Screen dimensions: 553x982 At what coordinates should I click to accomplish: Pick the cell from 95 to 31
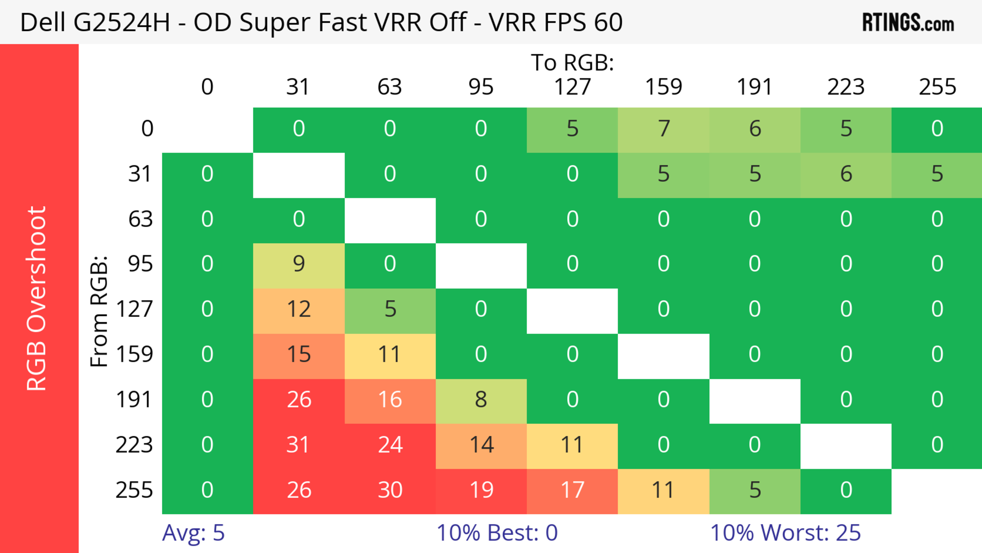pyautogui.click(x=298, y=264)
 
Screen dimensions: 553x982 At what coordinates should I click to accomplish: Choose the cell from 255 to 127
pyautogui.click(x=572, y=490)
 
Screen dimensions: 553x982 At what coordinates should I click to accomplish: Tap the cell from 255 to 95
pyautogui.click(x=481, y=490)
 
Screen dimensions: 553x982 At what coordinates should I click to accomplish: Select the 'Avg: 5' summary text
pyautogui.click(x=193, y=533)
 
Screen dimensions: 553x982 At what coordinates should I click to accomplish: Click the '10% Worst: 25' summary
pyautogui.click(x=785, y=533)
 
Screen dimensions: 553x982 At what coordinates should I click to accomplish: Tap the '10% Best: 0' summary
pyautogui.click(x=497, y=533)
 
